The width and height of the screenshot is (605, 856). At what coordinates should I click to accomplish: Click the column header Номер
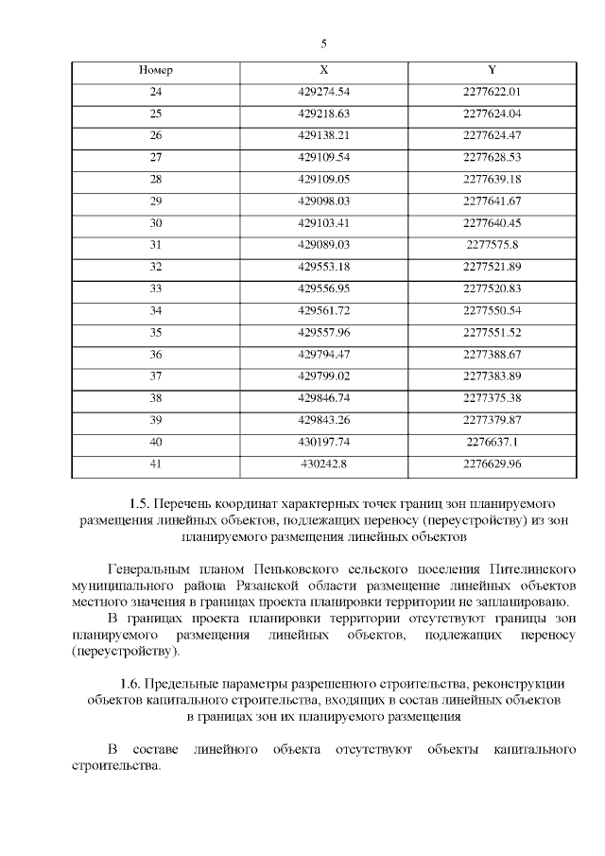coord(156,71)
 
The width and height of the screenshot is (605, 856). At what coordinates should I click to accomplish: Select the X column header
coord(324,71)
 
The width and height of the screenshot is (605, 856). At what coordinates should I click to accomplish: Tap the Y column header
coord(493,71)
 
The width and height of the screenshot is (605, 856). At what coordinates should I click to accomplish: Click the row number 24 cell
coord(156,92)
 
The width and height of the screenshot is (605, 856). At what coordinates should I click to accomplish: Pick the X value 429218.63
coord(324,114)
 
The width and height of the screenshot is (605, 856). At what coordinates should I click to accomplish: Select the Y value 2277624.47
coord(493,135)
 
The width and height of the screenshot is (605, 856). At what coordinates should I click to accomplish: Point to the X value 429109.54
coord(324,157)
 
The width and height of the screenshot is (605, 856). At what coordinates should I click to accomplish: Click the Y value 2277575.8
coord(493,244)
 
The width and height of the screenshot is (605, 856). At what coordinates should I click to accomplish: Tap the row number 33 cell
coord(156,288)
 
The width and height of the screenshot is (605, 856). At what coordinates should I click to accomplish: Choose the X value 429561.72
coord(324,310)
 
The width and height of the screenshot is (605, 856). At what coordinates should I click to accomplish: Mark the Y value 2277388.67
coord(493,354)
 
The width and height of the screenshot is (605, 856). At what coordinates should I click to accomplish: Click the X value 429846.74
coord(324,397)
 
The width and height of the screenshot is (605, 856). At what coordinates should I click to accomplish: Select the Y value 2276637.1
coord(493,441)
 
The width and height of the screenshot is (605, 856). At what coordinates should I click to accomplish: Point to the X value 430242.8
coord(324,463)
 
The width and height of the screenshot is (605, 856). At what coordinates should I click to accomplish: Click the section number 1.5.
coord(140,502)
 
